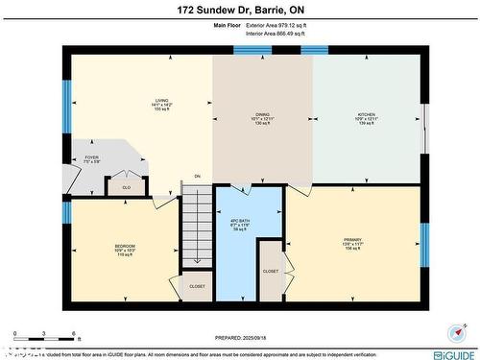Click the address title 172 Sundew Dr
tap(239, 12)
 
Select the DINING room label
tap(262, 117)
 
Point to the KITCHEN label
tap(366, 117)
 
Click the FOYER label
tap(92, 159)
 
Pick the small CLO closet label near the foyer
tap(126, 186)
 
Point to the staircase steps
tap(197, 226)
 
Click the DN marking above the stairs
tap(197, 177)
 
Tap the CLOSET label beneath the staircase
tap(197, 286)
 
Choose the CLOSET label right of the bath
tap(271, 271)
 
